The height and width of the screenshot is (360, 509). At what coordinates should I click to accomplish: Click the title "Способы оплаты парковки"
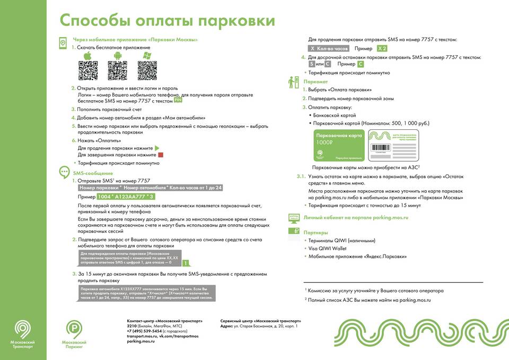coord(166,21)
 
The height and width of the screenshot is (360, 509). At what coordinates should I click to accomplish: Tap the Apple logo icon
coord(89,56)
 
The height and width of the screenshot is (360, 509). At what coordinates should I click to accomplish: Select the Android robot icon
coord(118,56)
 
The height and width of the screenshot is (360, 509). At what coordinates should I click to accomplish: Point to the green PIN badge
coord(179,99)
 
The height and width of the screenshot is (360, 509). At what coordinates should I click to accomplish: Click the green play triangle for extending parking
coord(157,148)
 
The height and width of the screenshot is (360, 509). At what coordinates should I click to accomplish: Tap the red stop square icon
coord(161,155)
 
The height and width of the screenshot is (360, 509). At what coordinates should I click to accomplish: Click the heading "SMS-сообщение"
coord(93,173)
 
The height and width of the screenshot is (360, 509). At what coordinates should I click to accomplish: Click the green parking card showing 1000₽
coord(339,145)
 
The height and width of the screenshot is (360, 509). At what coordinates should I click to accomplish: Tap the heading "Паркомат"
coord(315,82)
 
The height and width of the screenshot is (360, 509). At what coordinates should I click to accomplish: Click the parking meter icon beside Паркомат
coord(293,83)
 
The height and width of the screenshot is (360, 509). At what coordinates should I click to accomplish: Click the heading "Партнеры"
coord(315,232)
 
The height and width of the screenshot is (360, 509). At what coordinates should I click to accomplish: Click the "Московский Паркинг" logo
coord(75,335)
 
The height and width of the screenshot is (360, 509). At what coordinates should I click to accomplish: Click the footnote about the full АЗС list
coord(368,300)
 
